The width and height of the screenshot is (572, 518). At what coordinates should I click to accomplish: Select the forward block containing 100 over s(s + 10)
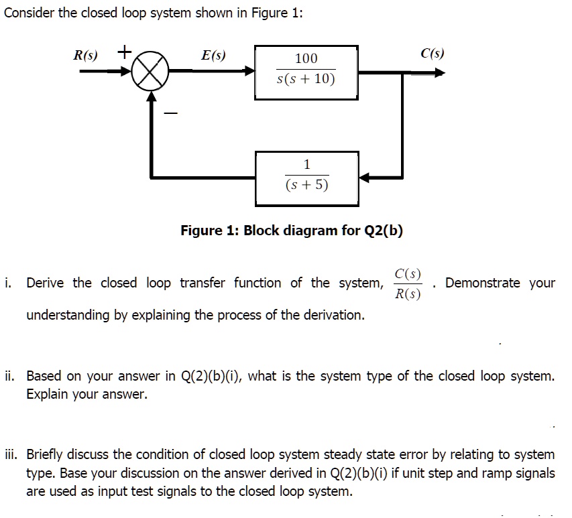pos(306,71)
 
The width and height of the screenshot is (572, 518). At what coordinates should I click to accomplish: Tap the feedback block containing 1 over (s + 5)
pos(306,177)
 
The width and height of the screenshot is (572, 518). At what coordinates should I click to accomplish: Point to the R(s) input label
pos(85,54)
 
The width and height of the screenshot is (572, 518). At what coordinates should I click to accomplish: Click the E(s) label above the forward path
pos(214,54)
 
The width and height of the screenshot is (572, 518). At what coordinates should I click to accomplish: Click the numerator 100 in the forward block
pos(306,59)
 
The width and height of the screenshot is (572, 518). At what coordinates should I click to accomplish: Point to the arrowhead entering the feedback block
pos(364,178)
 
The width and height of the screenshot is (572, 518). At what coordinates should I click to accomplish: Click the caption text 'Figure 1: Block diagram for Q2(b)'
pos(292,231)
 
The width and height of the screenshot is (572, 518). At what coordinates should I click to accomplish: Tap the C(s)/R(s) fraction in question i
pos(408,283)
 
